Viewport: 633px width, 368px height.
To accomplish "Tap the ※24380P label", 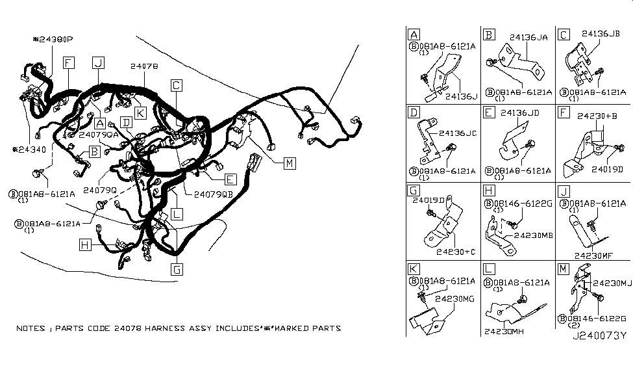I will (x=53, y=39).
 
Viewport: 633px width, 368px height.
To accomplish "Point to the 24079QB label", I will (x=209, y=194).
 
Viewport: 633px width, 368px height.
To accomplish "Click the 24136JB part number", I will (x=604, y=33).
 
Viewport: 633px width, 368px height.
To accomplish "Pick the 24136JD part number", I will (x=522, y=112).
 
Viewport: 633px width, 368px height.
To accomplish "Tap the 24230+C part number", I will (x=456, y=250).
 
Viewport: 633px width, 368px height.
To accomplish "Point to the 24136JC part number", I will (x=458, y=133).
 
